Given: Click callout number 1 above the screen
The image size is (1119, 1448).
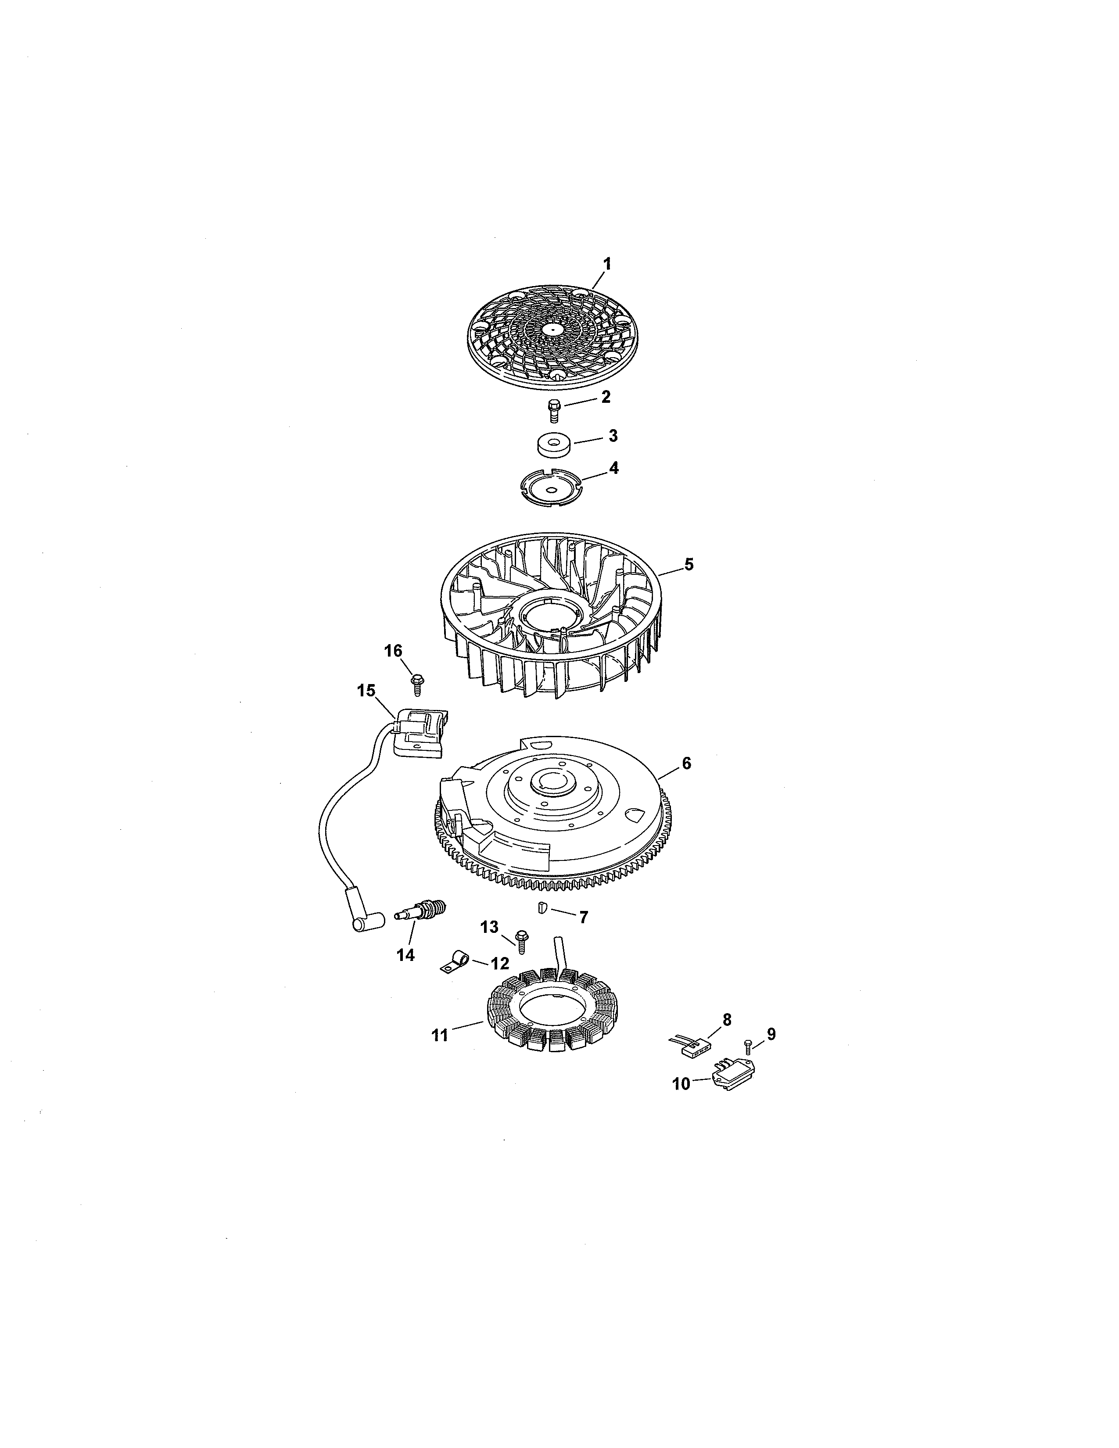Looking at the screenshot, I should click(x=606, y=264).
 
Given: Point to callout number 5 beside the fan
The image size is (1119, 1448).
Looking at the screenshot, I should click(x=689, y=564).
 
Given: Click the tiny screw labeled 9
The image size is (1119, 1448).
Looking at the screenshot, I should click(x=749, y=1046).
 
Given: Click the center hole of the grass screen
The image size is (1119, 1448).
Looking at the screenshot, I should click(x=552, y=328).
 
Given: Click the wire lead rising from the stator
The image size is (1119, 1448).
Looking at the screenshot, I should click(x=561, y=955).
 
